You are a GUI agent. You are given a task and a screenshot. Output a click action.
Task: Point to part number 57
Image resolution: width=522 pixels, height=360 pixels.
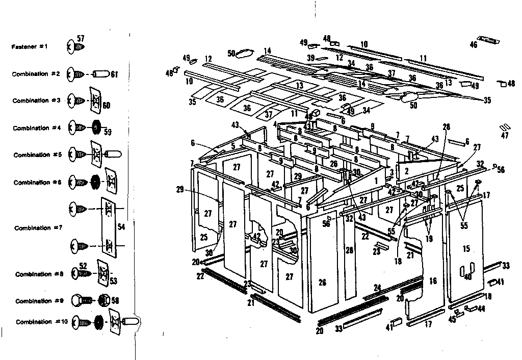point(81,39)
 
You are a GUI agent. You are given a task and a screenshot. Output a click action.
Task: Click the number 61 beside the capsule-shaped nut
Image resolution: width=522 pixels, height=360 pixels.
point(114,74)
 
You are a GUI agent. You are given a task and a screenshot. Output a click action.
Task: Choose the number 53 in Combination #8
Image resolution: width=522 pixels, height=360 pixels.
point(114,280)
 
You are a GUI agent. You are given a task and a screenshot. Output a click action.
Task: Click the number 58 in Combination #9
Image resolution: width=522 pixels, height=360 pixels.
point(115,301)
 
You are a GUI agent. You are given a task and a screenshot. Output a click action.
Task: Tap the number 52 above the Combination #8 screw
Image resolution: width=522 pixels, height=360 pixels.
point(83,266)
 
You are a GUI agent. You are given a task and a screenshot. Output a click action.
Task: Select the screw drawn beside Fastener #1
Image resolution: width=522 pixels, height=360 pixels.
point(75,47)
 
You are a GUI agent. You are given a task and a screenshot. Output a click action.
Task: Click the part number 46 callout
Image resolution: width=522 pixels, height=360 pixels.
point(474,45)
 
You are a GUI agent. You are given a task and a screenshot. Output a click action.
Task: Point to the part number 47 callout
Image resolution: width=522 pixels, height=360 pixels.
point(505,136)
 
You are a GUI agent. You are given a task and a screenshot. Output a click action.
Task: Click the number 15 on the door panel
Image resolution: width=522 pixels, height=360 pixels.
point(466,248)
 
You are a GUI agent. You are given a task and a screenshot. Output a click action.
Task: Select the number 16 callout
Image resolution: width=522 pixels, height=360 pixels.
point(433,281)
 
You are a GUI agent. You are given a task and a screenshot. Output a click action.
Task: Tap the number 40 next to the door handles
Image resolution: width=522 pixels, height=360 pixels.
point(467,277)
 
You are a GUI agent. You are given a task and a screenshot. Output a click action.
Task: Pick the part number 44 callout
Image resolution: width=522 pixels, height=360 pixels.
point(481,310)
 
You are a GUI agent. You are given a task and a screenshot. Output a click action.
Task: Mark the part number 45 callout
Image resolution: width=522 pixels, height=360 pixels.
point(451,320)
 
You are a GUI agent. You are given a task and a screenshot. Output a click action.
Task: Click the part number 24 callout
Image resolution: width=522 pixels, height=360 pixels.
point(377,288)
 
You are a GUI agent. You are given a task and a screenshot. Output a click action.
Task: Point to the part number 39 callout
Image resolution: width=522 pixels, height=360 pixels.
point(310,58)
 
